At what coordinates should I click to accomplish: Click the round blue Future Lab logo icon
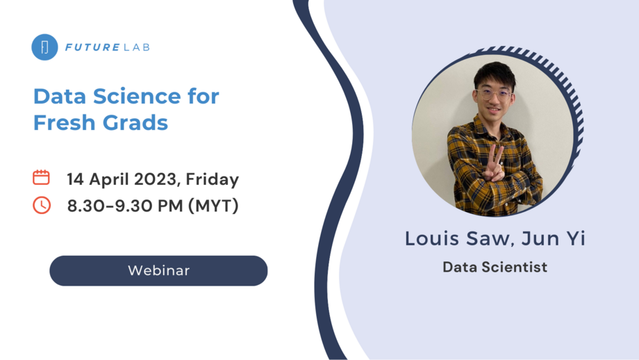click(x=44, y=47)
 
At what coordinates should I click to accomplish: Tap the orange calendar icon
click(x=42, y=177)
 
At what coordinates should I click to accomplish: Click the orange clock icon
click(x=42, y=205)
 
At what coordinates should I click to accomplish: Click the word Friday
click(x=213, y=179)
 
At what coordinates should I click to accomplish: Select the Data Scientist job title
click(x=495, y=267)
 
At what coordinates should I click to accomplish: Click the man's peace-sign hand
click(x=495, y=161)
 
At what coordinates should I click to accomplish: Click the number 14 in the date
click(x=76, y=179)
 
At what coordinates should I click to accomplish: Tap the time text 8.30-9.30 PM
click(x=126, y=206)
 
